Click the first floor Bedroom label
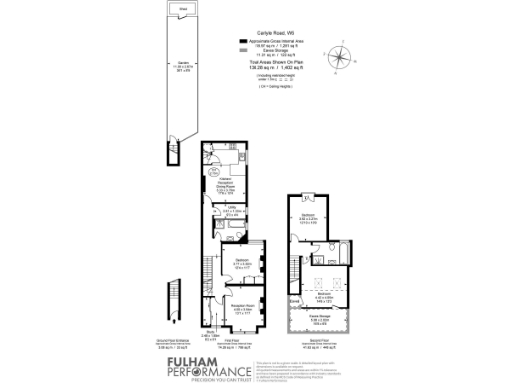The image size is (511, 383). [x=241, y=261]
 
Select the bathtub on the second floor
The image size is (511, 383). [x=334, y=257]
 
